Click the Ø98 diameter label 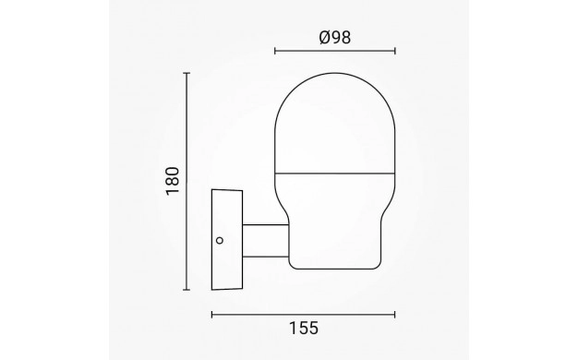tap(335, 38)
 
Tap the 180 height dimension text tap(173, 181)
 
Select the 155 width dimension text tap(304, 329)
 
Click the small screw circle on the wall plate tap(220, 241)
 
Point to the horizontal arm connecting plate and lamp tap(265, 241)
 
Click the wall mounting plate tap(227, 239)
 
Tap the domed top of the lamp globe tap(335, 123)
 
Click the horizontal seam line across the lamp tap(335, 173)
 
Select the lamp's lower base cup tap(335, 222)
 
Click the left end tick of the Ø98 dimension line tap(275, 51)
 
